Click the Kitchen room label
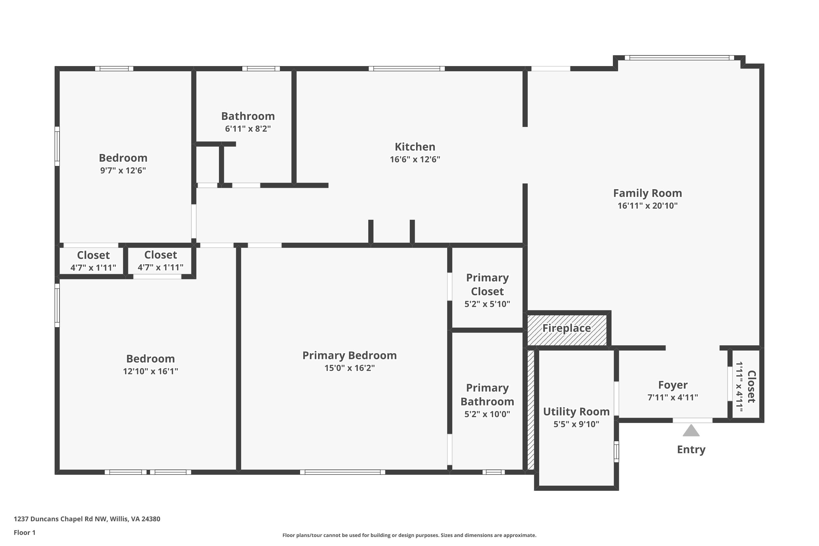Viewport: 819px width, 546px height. [x=415, y=147]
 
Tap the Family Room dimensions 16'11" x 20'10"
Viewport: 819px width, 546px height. [x=647, y=206]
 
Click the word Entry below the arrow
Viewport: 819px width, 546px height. [x=691, y=450]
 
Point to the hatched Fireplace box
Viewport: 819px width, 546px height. [x=567, y=330]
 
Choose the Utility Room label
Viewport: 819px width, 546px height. [x=576, y=412]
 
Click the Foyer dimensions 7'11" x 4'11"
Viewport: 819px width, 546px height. [x=672, y=397]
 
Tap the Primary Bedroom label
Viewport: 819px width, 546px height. [x=349, y=355]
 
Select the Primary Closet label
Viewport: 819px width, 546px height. [x=487, y=284]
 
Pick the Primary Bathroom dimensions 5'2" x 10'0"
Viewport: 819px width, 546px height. [x=487, y=414]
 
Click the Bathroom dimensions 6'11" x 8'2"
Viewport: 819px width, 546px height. [x=248, y=129]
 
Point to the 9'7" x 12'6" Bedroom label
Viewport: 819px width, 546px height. [x=123, y=158]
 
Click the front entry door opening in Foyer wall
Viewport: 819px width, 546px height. [x=692, y=420]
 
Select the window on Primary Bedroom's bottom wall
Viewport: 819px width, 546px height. [x=343, y=472]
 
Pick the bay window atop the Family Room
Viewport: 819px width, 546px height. [x=679, y=58]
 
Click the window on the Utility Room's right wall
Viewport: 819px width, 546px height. [x=616, y=452]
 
